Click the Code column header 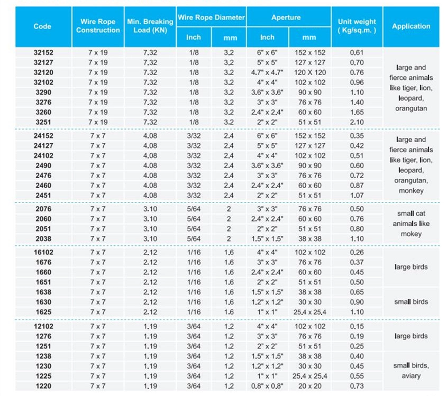pyautogui.click(x=42, y=26)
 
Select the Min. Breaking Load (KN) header pyautogui.click(x=150, y=26)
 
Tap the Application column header pyautogui.click(x=411, y=26)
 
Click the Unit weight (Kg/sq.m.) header pyautogui.click(x=357, y=26)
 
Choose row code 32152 pyautogui.click(x=43, y=52)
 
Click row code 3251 pyautogui.click(x=43, y=122)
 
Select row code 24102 pyautogui.click(x=43, y=155)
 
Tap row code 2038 pyautogui.click(x=43, y=238)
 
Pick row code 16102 pyautogui.click(x=43, y=252)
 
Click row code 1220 pyautogui.click(x=43, y=386)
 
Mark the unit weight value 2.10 pyautogui.click(x=357, y=122)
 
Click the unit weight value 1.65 pyautogui.click(x=357, y=112)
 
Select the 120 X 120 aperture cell pyautogui.click(x=309, y=72)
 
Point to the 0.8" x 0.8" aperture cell pyautogui.click(x=267, y=386)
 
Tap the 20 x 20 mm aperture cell pyautogui.click(x=309, y=386)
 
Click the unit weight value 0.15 pyautogui.click(x=357, y=326)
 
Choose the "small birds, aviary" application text pyautogui.click(x=411, y=371)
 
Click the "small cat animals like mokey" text pyautogui.click(x=411, y=224)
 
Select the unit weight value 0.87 pyautogui.click(x=357, y=186)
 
